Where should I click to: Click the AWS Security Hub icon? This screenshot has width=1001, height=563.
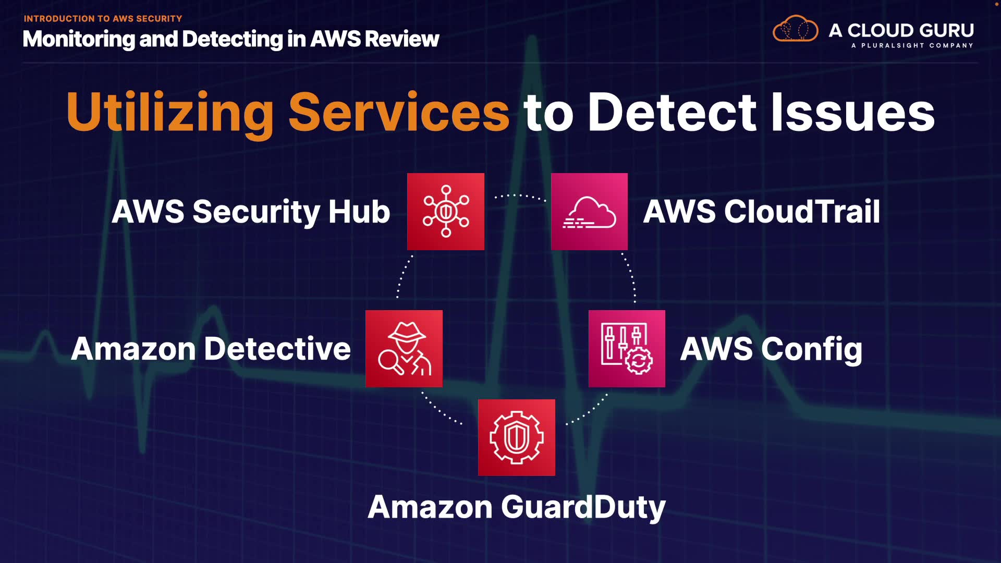pyautogui.click(x=446, y=212)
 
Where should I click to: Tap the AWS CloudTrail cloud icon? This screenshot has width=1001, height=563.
pyautogui.click(x=589, y=212)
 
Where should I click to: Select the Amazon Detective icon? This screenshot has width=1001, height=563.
pyautogui.click(x=404, y=349)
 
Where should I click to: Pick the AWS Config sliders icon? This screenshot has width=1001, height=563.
pyautogui.click(x=627, y=349)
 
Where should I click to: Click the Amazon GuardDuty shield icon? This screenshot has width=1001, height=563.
pyautogui.click(x=517, y=437)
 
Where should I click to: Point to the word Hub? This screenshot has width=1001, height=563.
pyautogui.click(x=359, y=212)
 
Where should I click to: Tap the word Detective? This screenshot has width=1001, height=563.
pyautogui.click(x=277, y=349)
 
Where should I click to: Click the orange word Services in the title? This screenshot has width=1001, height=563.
pyautogui.click(x=399, y=112)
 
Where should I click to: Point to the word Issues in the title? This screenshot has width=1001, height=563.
pyautogui.click(x=853, y=112)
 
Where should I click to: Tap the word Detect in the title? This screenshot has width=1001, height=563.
pyautogui.click(x=672, y=112)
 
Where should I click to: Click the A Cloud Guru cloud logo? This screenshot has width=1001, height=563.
pyautogui.click(x=796, y=29)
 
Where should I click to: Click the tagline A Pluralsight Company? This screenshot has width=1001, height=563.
pyautogui.click(x=912, y=45)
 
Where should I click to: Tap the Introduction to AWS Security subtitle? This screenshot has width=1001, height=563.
pyautogui.click(x=103, y=19)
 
